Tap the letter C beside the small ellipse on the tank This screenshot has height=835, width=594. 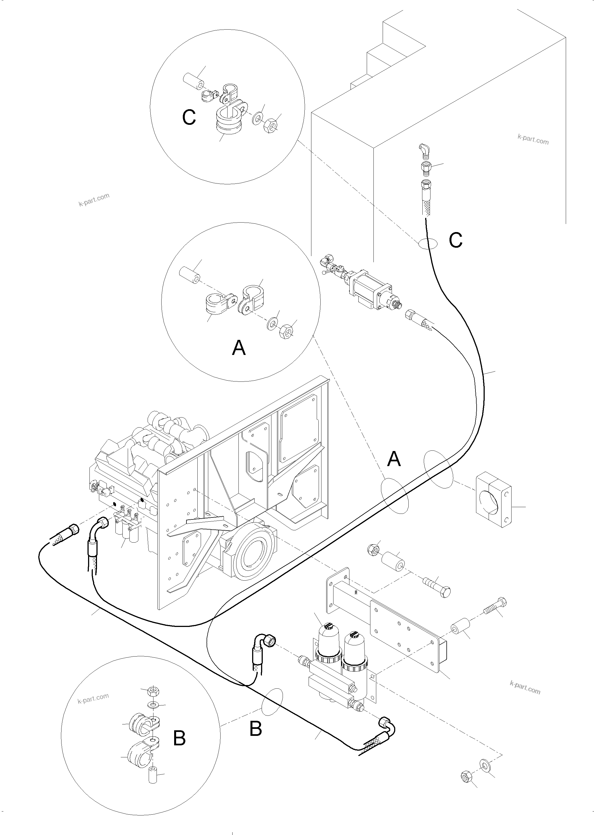[456, 240]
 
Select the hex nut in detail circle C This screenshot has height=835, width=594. [271, 125]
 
